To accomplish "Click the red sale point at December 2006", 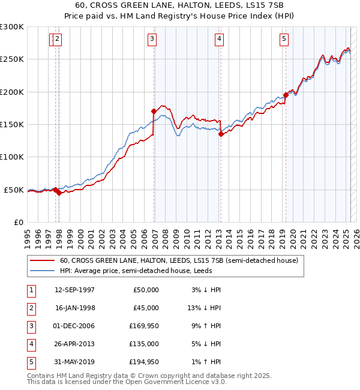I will [x=154, y=111].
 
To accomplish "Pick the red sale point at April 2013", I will [x=221, y=134].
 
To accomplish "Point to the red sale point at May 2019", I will [x=286, y=95].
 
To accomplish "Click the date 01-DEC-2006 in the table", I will [x=74, y=326].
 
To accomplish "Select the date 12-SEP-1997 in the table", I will [x=74, y=290].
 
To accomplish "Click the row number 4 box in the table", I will [x=30, y=344].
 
